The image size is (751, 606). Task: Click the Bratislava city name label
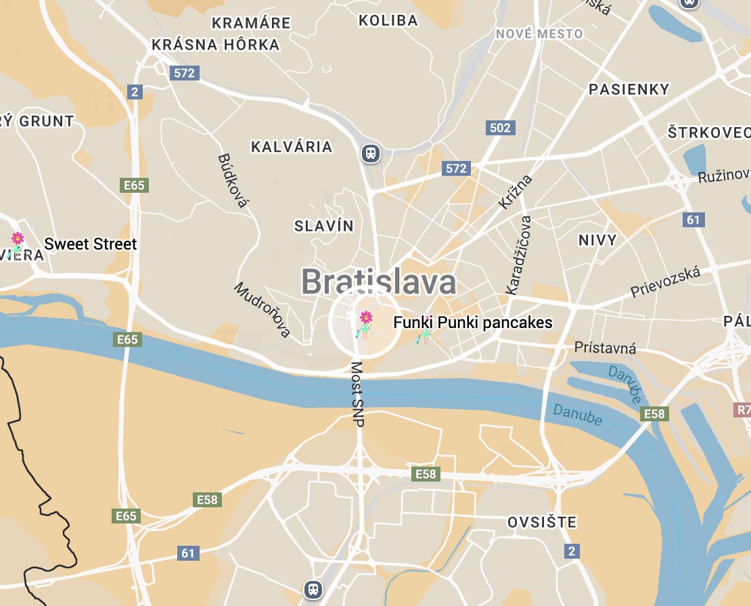[x=378, y=281]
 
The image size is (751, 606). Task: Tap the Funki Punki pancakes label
[x=473, y=323]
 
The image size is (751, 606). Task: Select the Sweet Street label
[x=91, y=244]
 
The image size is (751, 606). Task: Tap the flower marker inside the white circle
[x=365, y=319]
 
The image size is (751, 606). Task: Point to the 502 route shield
[x=500, y=127]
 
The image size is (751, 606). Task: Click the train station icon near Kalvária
[x=370, y=153]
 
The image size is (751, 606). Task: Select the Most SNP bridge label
[x=357, y=394]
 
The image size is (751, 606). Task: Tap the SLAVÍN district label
[x=323, y=226]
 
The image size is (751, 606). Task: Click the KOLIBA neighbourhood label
[x=388, y=20]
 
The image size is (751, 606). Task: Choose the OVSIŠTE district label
[x=542, y=522]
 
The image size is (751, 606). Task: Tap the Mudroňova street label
[x=263, y=309]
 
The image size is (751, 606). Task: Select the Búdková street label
[x=233, y=180]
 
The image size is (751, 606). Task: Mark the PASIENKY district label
[x=629, y=89]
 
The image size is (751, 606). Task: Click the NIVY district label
[x=597, y=240]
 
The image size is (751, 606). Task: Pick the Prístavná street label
[x=605, y=348]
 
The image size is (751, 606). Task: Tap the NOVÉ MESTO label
[x=539, y=34]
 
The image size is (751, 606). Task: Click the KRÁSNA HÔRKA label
[x=215, y=45]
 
